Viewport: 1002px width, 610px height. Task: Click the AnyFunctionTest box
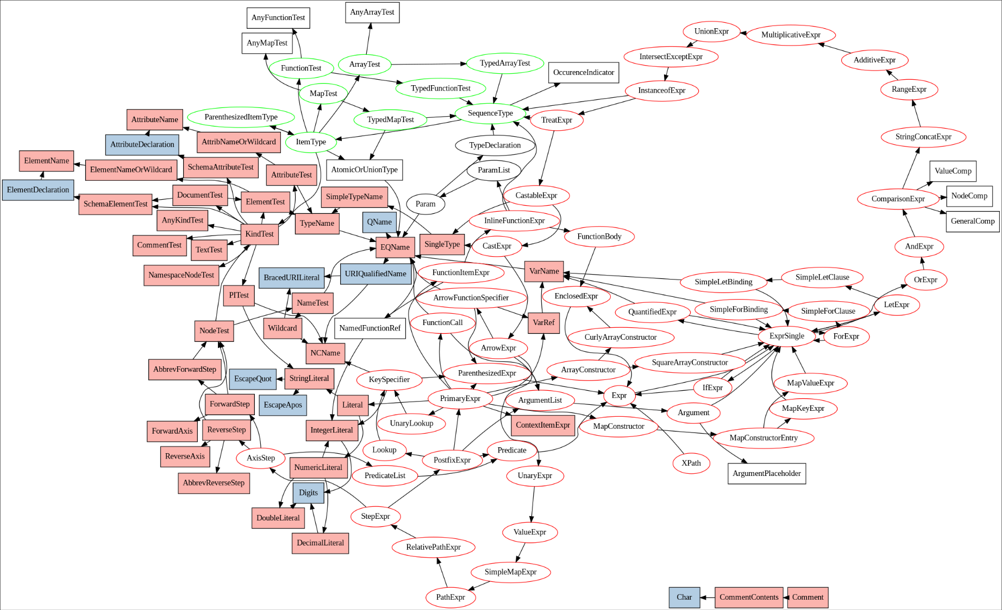click(x=278, y=18)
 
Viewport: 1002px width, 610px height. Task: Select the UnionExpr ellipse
click(x=711, y=31)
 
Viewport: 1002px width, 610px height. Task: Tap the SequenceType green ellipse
click(x=490, y=113)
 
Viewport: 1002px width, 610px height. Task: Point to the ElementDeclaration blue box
click(x=38, y=190)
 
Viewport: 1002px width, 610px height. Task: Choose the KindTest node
click(x=259, y=234)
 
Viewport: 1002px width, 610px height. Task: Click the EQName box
click(x=395, y=247)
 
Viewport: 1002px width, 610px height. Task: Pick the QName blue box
click(x=379, y=222)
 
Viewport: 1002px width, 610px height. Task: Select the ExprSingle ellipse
click(x=786, y=336)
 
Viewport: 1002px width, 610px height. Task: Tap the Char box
click(x=684, y=598)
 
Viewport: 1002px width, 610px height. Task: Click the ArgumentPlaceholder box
click(x=766, y=474)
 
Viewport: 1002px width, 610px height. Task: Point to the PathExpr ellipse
click(x=450, y=598)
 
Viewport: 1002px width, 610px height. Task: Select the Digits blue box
click(x=308, y=493)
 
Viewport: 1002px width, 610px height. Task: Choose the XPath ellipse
click(x=691, y=463)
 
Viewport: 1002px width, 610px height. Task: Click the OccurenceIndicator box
click(x=583, y=73)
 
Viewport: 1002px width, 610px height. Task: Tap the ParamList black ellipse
click(x=493, y=170)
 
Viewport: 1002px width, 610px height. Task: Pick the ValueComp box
click(x=953, y=171)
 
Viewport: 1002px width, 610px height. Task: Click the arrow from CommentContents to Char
click(x=707, y=598)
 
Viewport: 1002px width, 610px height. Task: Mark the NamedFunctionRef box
click(x=370, y=328)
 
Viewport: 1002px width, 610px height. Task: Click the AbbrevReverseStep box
click(x=214, y=483)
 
